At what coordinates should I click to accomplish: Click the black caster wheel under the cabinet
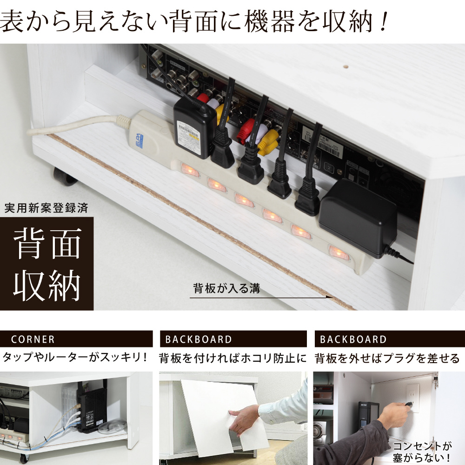[64, 176]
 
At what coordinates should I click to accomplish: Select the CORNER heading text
[33, 339]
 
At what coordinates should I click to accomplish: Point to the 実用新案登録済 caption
[46, 208]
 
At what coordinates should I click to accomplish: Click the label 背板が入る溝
[226, 288]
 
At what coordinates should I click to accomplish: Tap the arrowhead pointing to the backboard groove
[329, 297]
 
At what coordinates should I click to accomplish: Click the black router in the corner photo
[91, 409]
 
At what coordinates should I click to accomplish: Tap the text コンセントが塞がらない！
[422, 452]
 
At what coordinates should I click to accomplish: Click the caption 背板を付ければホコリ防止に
[233, 358]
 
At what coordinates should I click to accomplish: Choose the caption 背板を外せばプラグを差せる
[387, 358]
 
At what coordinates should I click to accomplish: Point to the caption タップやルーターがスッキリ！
[75, 357]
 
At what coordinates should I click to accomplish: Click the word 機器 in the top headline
[270, 21]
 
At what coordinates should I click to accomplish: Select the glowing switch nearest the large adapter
[338, 252]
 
